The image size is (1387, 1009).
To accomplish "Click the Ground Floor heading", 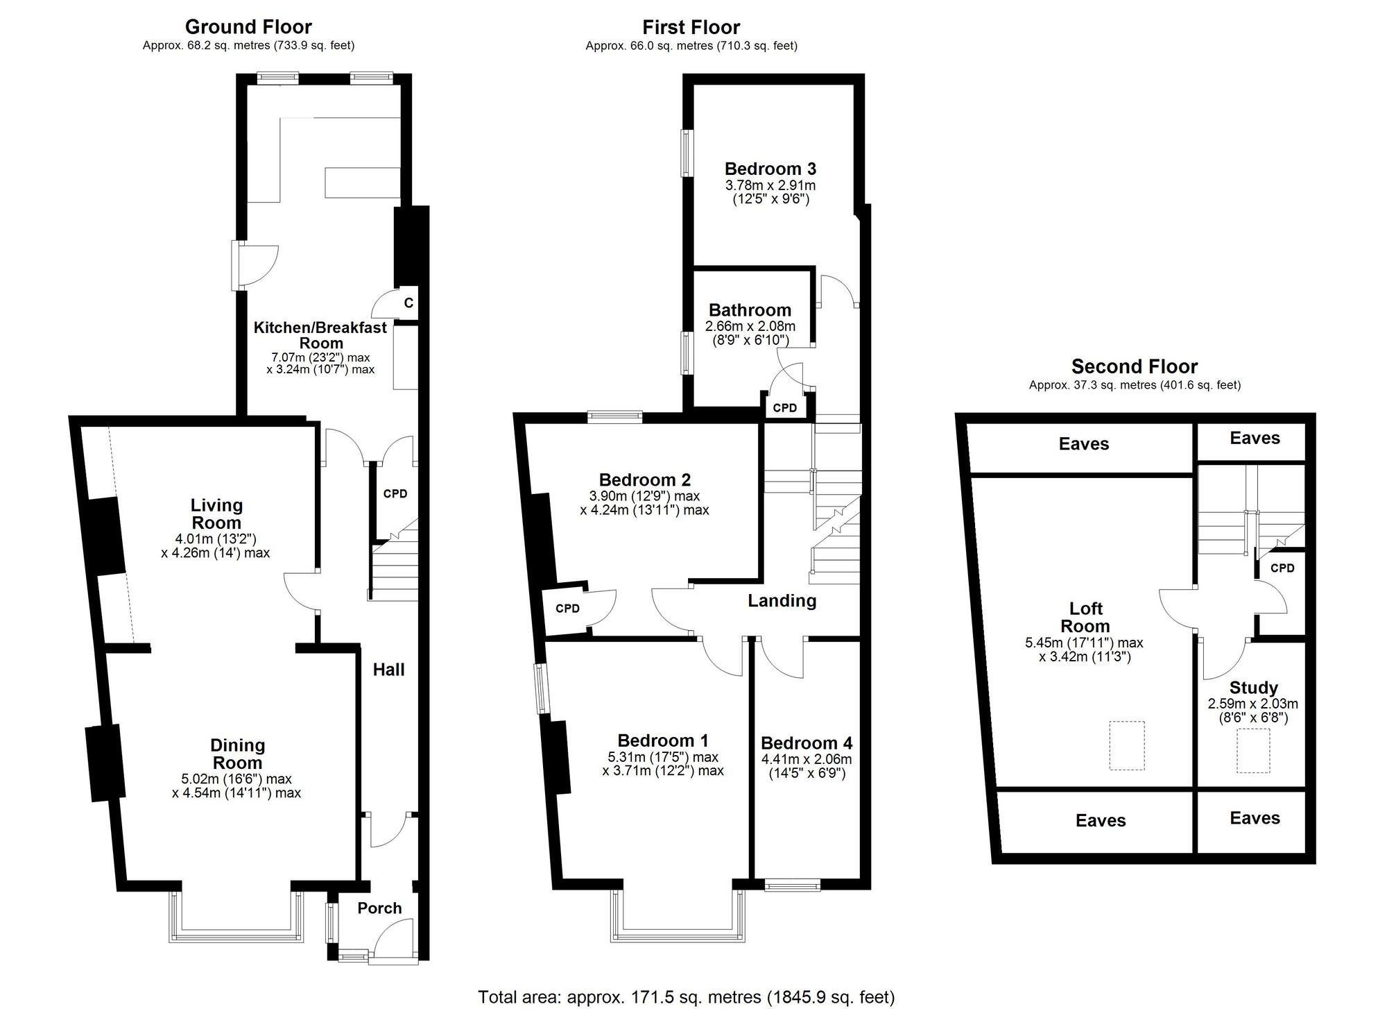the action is point(248,27).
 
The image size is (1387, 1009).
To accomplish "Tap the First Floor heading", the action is point(691,27).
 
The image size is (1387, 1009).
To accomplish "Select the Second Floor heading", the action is point(1135,366).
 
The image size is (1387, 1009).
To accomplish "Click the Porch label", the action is point(380,908).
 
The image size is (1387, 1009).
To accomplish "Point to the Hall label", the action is point(388,670).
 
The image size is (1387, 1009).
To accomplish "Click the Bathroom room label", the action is point(750,310).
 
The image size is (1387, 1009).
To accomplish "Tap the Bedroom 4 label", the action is point(807,744).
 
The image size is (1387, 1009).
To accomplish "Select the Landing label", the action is point(782,601).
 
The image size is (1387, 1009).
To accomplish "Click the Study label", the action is point(1253,688).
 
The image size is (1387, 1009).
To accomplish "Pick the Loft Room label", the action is point(1085,617).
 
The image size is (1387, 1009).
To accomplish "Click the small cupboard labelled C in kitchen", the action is point(408,303).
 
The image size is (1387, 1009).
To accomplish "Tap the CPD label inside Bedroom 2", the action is point(567,609).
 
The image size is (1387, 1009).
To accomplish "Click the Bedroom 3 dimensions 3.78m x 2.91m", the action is point(770,185).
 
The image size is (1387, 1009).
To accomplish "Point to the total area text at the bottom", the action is point(687,997).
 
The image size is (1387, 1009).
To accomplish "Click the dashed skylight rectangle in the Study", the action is point(1253,750).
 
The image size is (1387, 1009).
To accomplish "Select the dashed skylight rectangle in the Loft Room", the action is point(1127,745).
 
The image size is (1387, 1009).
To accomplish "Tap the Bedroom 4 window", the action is point(792,885).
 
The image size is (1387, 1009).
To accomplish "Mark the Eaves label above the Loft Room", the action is point(1084,444).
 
